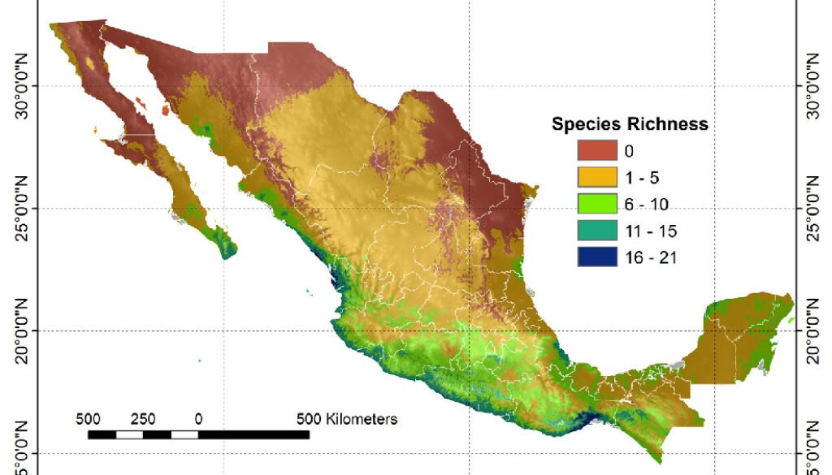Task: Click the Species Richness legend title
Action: click(630, 125)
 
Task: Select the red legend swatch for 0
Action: click(600, 150)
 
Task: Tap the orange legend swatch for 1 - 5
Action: click(600, 176)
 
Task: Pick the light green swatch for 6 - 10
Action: click(600, 203)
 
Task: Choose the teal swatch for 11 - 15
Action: click(600, 231)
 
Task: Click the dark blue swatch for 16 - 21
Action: click(600, 257)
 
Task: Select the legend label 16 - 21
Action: click(646, 257)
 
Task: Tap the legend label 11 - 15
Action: click(646, 231)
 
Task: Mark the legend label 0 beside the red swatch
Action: click(629, 150)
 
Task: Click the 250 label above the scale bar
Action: click(143, 420)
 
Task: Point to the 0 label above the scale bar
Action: click(198, 420)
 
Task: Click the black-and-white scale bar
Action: click(198, 434)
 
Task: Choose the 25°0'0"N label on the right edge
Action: click(812, 209)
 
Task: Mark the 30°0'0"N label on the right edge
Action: click(812, 86)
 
